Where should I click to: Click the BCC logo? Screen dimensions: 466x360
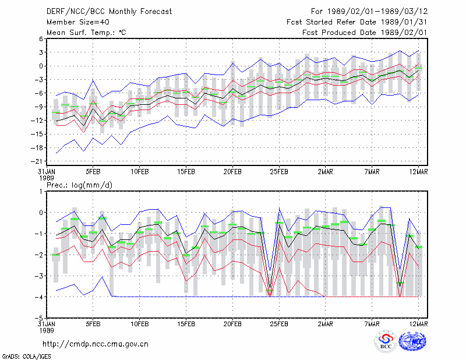click(x=386, y=342)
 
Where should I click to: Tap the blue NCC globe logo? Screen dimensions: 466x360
click(x=412, y=341)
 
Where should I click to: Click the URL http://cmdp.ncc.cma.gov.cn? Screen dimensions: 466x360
click(x=96, y=344)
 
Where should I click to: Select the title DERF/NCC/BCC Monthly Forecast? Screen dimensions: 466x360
click(x=109, y=12)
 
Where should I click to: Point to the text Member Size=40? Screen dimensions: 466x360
click(x=78, y=22)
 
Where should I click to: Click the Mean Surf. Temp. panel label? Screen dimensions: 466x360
click(x=86, y=33)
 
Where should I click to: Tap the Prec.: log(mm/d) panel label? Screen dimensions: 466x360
click(x=79, y=185)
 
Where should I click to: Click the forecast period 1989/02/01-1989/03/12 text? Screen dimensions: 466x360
click(x=369, y=12)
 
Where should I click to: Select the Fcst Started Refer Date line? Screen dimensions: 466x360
click(x=357, y=22)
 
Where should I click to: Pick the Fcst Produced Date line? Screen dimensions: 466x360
click(x=365, y=33)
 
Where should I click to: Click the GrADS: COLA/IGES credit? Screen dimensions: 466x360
click(x=26, y=357)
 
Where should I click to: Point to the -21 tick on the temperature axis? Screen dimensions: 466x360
click(x=37, y=161)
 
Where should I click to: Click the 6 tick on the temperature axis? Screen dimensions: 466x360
click(x=41, y=39)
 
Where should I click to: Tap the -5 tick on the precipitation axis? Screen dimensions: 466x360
click(x=39, y=318)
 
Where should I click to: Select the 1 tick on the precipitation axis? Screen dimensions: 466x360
click(x=41, y=192)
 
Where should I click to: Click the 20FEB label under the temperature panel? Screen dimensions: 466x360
click(x=232, y=172)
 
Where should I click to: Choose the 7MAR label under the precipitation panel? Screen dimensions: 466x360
click(x=372, y=324)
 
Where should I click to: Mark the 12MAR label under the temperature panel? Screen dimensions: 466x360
click(x=418, y=172)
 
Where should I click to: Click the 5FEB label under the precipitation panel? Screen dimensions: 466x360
click(x=93, y=324)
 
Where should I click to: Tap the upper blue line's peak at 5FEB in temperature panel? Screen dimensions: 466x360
click(x=93, y=80)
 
